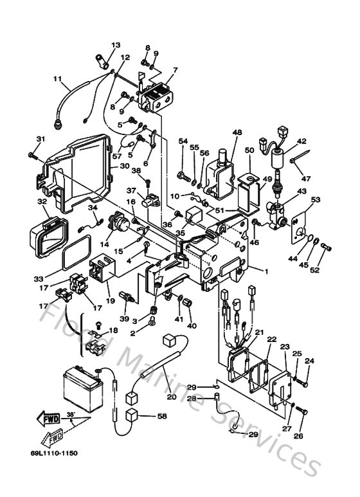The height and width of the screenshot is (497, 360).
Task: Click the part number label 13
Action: [x=116, y=45]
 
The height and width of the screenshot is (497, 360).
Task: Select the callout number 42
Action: [x=301, y=141]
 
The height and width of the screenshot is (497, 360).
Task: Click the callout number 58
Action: [x=161, y=417]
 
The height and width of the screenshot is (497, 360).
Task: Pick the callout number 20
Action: [x=171, y=397]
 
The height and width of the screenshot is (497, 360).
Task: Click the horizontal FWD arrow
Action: [x=50, y=420]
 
